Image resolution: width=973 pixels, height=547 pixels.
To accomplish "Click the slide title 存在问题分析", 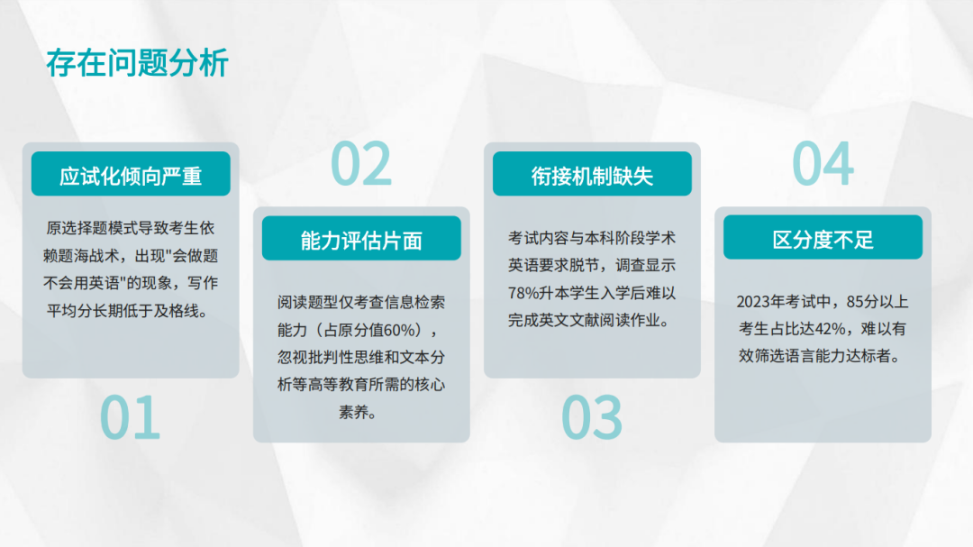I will click(137, 64).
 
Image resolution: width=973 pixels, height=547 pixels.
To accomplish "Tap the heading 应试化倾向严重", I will click(131, 176).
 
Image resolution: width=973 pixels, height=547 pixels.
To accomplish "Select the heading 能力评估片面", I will click(361, 240).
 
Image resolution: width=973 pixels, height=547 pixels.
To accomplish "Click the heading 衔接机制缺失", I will click(592, 176).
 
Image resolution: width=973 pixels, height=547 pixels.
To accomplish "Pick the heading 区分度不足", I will click(823, 240).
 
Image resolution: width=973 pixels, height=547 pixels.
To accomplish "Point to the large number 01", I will click(130, 417).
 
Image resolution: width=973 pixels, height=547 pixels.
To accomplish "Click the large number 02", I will click(361, 164).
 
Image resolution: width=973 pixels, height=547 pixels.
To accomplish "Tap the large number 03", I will click(592, 417).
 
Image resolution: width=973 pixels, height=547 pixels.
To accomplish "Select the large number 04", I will click(823, 164).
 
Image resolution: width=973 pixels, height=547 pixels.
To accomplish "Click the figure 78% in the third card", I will click(524, 293).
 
